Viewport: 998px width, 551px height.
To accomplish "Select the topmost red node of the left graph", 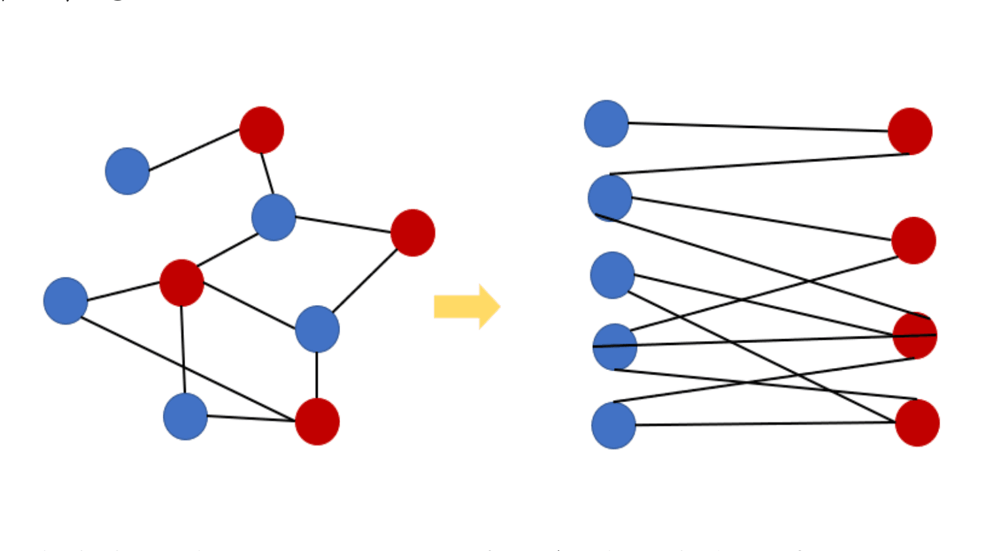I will [261, 130].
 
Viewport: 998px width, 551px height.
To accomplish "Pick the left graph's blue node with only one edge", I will [127, 171].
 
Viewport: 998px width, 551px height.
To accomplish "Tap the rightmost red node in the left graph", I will [412, 233].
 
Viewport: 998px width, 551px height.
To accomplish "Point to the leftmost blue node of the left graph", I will [66, 301].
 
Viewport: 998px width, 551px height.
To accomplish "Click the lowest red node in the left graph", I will [317, 421].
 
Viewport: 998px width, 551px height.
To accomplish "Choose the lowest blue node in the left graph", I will [185, 417].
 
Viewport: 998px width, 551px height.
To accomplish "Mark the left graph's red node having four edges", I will [182, 283].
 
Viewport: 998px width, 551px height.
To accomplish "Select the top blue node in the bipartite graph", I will [606, 123].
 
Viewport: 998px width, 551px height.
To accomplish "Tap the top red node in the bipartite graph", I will [909, 131].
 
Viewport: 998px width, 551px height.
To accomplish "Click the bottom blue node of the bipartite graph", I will [613, 426].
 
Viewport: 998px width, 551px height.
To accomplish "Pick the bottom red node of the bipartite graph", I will [917, 422].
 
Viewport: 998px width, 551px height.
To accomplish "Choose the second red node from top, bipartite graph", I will [913, 241].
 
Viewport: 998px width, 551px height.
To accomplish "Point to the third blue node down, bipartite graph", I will [612, 275].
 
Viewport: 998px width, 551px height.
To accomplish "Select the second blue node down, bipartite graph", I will [610, 197].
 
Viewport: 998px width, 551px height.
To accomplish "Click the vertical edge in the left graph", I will [317, 375].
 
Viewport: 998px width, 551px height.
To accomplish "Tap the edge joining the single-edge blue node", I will [194, 150].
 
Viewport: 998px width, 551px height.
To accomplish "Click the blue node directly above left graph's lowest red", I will [317, 329].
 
